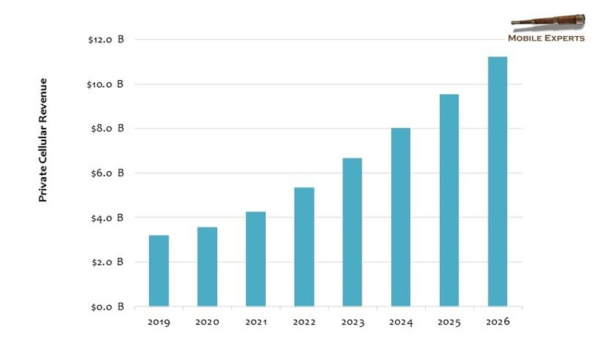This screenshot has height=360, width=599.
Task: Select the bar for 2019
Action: point(159,271)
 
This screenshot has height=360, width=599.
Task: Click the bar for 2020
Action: point(208,267)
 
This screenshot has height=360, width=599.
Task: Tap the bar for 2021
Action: point(256,259)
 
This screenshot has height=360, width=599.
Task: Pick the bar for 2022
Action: point(304,247)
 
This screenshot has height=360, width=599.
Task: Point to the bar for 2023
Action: point(352,232)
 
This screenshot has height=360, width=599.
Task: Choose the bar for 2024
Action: point(401,217)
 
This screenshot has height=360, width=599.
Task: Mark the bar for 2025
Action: point(449,200)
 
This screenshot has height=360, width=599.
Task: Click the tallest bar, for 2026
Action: point(498,181)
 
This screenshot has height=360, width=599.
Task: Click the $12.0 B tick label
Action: point(106,40)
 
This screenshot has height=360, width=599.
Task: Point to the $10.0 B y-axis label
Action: point(105,84)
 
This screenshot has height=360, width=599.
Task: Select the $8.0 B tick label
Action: point(107,129)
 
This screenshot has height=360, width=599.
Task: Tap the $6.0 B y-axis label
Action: point(107,173)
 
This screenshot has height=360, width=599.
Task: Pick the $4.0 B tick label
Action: point(107,218)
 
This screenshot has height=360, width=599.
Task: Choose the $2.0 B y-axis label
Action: point(107,262)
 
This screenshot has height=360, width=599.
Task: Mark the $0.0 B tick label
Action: point(107,307)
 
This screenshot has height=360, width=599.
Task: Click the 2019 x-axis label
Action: point(159,322)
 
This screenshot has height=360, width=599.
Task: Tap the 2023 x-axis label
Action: point(353,322)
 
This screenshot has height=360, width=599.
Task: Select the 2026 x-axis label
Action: point(498,322)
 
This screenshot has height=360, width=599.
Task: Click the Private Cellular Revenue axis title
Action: point(43,140)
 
